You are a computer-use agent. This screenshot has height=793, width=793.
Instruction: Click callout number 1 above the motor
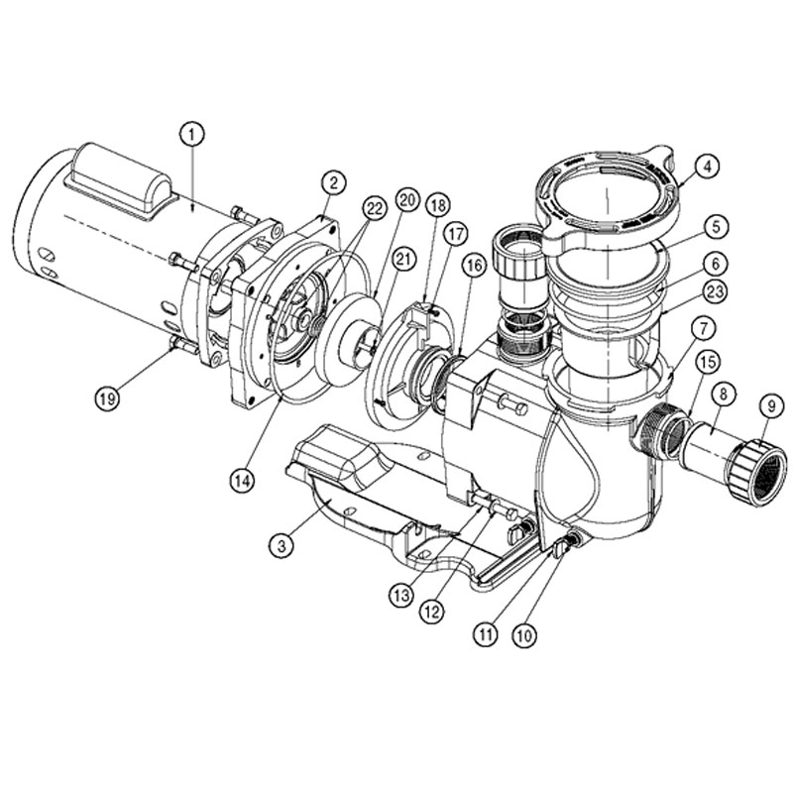191,135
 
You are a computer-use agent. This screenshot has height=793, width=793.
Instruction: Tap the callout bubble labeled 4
707,167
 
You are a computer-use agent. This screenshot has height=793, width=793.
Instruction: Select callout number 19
107,399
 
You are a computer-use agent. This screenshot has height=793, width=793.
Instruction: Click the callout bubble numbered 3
282,546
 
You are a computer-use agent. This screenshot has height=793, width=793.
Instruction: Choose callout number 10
524,634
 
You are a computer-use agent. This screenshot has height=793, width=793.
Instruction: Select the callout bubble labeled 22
375,208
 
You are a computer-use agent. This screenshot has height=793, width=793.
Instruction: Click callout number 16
474,266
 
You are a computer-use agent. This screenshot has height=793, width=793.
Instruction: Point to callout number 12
431,613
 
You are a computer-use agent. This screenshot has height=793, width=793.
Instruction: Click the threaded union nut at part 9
757,473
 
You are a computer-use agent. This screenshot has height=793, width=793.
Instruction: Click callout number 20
407,200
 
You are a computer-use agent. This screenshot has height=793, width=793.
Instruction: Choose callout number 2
333,183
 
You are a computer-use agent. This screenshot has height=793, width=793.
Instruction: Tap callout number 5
716,227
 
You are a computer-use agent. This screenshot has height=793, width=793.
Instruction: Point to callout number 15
708,361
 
